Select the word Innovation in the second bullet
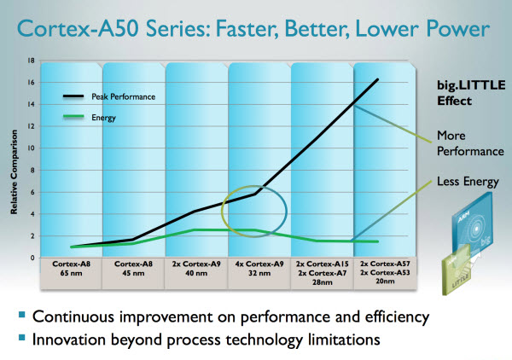coord(69,339)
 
